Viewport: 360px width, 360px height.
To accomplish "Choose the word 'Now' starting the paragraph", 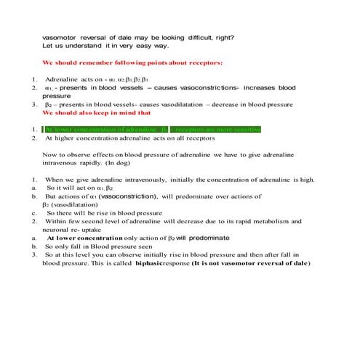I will [x=50, y=155].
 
